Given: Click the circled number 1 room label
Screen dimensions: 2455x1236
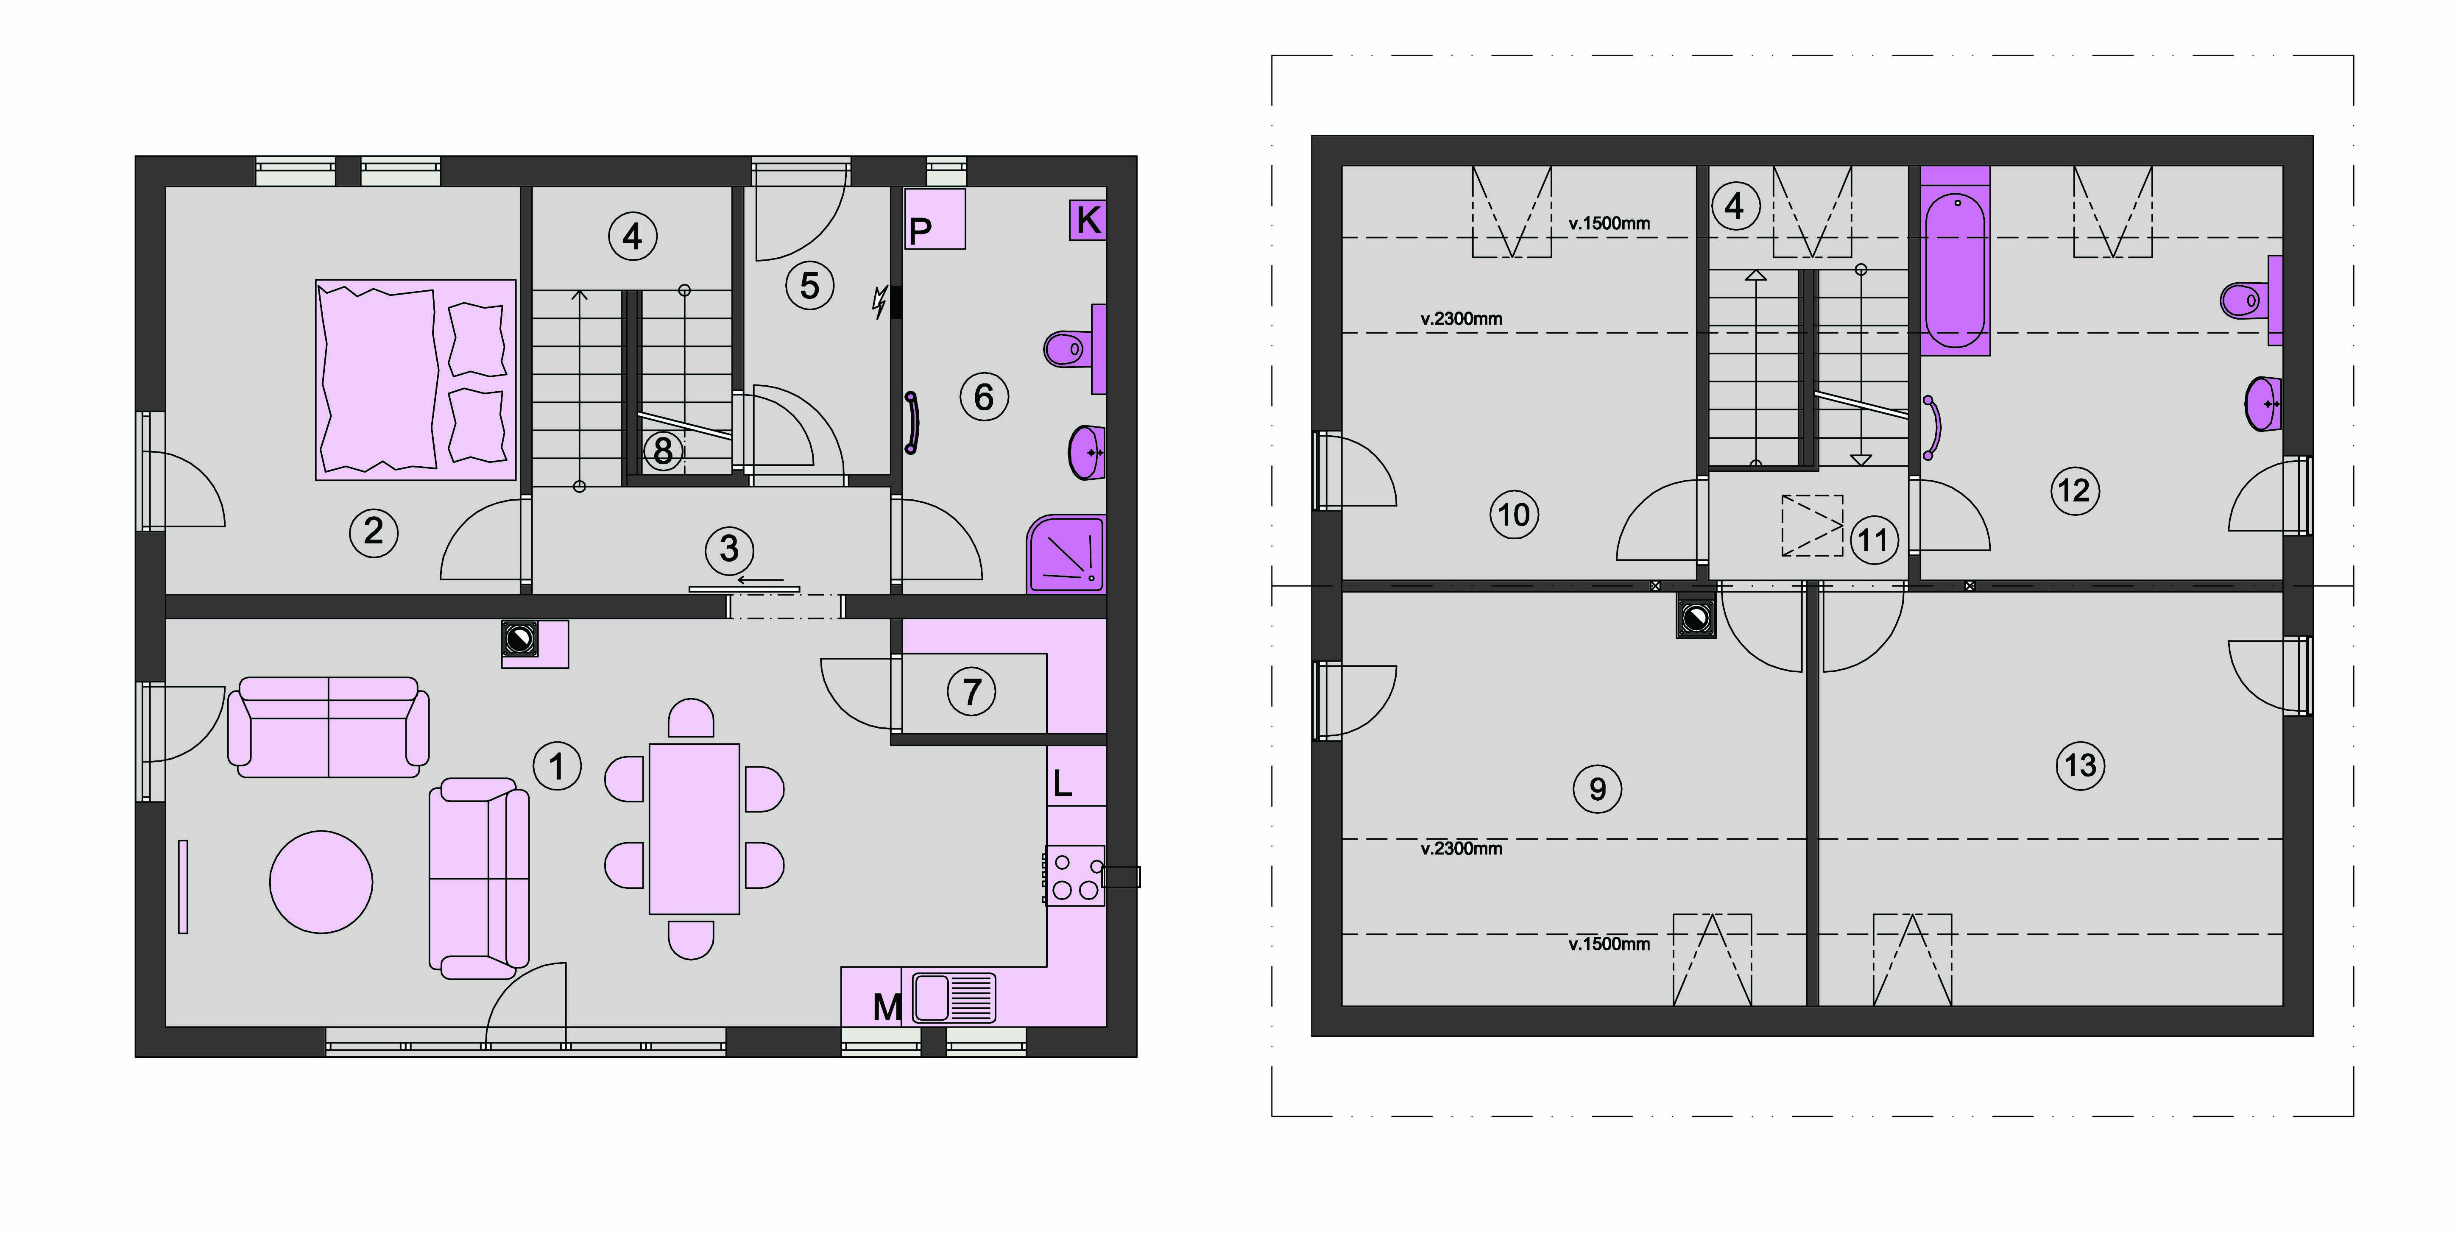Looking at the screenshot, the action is [x=558, y=766].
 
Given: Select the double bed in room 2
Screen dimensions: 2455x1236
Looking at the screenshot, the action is [x=416, y=379].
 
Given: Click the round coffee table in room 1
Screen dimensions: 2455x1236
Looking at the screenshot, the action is [x=321, y=882].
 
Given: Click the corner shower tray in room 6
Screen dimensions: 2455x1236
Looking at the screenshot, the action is [x=1066, y=554].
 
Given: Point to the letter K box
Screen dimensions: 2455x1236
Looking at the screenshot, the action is [x=1088, y=220].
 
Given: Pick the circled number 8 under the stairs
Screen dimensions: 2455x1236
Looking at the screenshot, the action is [x=663, y=450].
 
